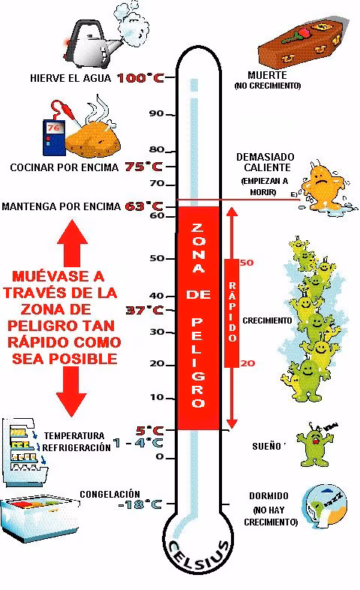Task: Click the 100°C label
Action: click(140, 78)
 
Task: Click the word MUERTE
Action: click(267, 75)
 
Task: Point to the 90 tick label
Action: click(156, 113)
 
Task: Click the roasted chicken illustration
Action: click(93, 136)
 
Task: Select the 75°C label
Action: click(143, 167)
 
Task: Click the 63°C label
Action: click(144, 206)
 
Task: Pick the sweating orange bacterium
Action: click(324, 188)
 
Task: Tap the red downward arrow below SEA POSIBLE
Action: click(71, 391)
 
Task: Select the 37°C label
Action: click(145, 310)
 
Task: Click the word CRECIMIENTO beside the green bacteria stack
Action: click(267, 321)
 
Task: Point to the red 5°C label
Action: click(149, 430)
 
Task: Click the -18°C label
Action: click(139, 504)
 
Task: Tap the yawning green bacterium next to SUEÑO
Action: click(316, 444)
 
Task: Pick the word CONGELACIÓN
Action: click(109, 495)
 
